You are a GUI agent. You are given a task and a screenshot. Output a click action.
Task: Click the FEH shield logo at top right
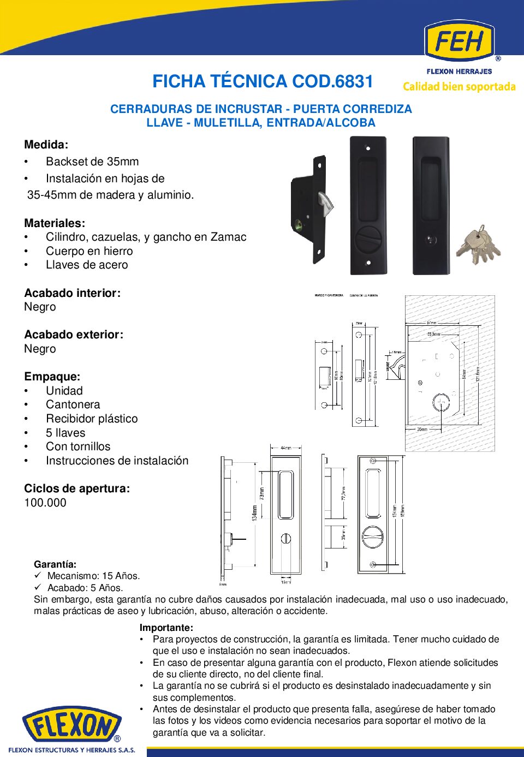point(459,41)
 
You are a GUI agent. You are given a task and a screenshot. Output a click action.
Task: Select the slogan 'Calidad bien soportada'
point(459,87)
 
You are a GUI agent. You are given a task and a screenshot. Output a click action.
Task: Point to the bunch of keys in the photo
point(479,246)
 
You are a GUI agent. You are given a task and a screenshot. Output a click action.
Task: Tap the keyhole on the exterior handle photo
point(431,240)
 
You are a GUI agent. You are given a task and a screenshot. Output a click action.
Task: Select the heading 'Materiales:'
point(55,223)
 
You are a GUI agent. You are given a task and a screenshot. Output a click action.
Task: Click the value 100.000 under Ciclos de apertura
point(45,503)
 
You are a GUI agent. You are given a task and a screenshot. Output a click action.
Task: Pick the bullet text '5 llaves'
point(65,433)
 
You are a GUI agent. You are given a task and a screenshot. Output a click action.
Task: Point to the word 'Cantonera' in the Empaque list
point(73,404)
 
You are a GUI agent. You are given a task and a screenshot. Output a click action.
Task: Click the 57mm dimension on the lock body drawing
point(431,323)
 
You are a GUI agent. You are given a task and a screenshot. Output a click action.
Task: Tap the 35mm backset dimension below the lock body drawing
point(422,430)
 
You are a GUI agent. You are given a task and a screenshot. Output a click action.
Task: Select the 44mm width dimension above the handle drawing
point(285,448)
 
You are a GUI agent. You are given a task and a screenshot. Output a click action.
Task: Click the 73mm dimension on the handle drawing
point(262,494)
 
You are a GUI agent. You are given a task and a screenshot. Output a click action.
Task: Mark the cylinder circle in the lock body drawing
point(440,402)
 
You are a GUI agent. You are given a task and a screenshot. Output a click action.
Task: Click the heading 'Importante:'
point(166,628)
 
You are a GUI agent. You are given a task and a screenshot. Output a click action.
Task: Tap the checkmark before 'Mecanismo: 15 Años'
point(38,575)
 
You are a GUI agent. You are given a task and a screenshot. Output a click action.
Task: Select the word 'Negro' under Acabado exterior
point(40,349)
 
